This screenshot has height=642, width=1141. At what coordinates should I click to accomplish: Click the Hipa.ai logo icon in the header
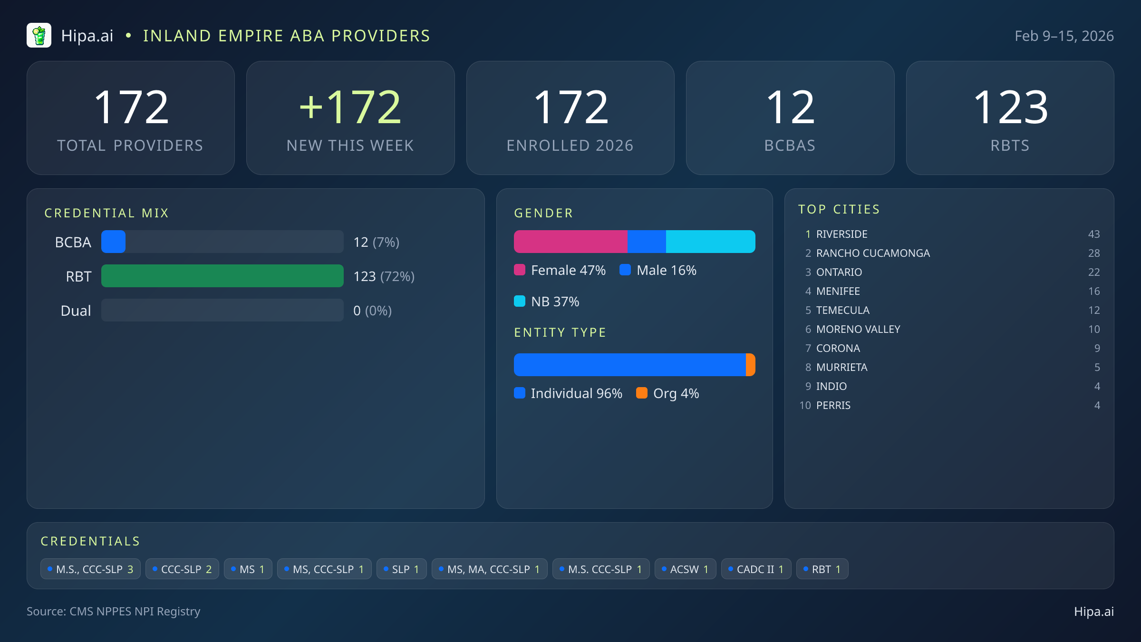pyautogui.click(x=39, y=36)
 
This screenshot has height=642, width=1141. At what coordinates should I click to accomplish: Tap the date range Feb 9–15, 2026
pyautogui.click(x=1064, y=36)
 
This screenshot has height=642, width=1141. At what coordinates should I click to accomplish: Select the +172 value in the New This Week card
pyautogui.click(x=350, y=107)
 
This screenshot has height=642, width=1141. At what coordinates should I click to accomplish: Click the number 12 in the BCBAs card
pyautogui.click(x=790, y=107)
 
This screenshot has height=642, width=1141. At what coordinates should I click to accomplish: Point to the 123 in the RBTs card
pyautogui.click(x=1010, y=107)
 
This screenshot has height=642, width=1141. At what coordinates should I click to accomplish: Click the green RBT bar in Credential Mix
pyautogui.click(x=222, y=276)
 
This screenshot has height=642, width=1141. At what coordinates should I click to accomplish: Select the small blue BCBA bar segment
pyautogui.click(x=113, y=242)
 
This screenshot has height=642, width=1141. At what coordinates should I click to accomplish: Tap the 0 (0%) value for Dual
pyautogui.click(x=372, y=311)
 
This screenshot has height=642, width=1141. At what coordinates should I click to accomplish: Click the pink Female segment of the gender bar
pyautogui.click(x=570, y=242)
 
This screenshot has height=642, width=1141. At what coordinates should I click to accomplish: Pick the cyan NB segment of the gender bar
pyautogui.click(x=710, y=242)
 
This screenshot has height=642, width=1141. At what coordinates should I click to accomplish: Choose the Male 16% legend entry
pyautogui.click(x=658, y=270)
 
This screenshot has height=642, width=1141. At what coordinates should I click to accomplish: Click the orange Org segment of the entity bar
pyautogui.click(x=751, y=365)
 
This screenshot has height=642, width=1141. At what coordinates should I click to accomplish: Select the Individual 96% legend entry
pyautogui.click(x=569, y=393)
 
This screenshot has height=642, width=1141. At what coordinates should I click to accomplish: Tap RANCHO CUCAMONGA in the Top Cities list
pyautogui.click(x=873, y=253)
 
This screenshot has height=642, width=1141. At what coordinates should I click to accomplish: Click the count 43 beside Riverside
pyautogui.click(x=1093, y=234)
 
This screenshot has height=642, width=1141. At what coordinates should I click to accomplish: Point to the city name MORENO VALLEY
pyautogui.click(x=858, y=329)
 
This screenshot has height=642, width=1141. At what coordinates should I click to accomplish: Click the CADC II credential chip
pyautogui.click(x=756, y=569)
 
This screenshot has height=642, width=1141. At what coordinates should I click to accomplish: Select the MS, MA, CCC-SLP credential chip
pyautogui.click(x=489, y=569)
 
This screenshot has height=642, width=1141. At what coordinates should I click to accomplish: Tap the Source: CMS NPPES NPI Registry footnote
pyautogui.click(x=114, y=611)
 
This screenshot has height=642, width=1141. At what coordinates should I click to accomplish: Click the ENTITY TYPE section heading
pyautogui.click(x=560, y=332)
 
